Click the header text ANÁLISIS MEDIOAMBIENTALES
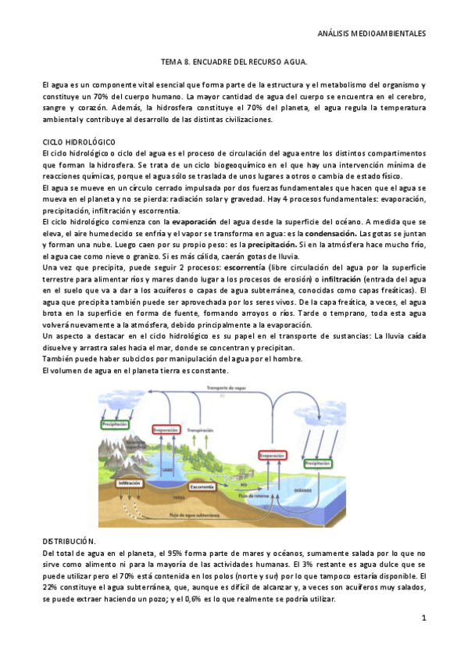pyautogui.click(x=374, y=34)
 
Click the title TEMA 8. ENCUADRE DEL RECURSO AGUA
pyautogui.click(x=234, y=60)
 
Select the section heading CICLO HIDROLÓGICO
pyautogui.click(x=78, y=142)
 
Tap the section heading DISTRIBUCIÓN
pyautogui.click(x=70, y=541)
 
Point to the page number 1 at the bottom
pyautogui.click(x=423, y=618)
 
